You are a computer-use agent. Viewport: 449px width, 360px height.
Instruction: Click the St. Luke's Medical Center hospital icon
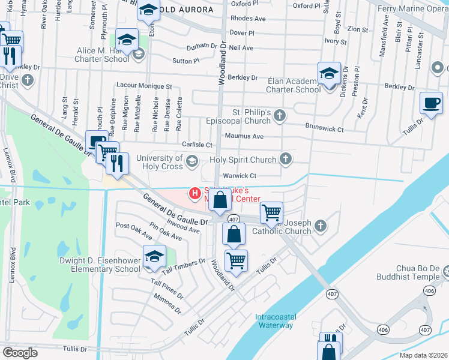coord(194,193)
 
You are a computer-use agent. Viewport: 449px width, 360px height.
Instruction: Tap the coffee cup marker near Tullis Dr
coord(431,102)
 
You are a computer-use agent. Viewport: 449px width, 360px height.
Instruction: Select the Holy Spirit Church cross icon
coord(286,159)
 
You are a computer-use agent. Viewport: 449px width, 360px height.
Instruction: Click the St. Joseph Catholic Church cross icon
coord(320,226)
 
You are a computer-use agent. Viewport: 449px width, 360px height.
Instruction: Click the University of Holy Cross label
coord(159,162)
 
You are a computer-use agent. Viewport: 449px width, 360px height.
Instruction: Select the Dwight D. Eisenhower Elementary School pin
coord(154,256)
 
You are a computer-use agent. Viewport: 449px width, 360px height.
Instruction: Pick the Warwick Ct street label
coord(240,176)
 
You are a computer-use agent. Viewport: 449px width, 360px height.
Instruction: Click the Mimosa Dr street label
coord(167,304)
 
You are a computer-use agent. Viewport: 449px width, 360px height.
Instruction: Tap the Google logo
coord(20,352)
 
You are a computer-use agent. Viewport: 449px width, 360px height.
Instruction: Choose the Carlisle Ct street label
coord(197,145)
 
